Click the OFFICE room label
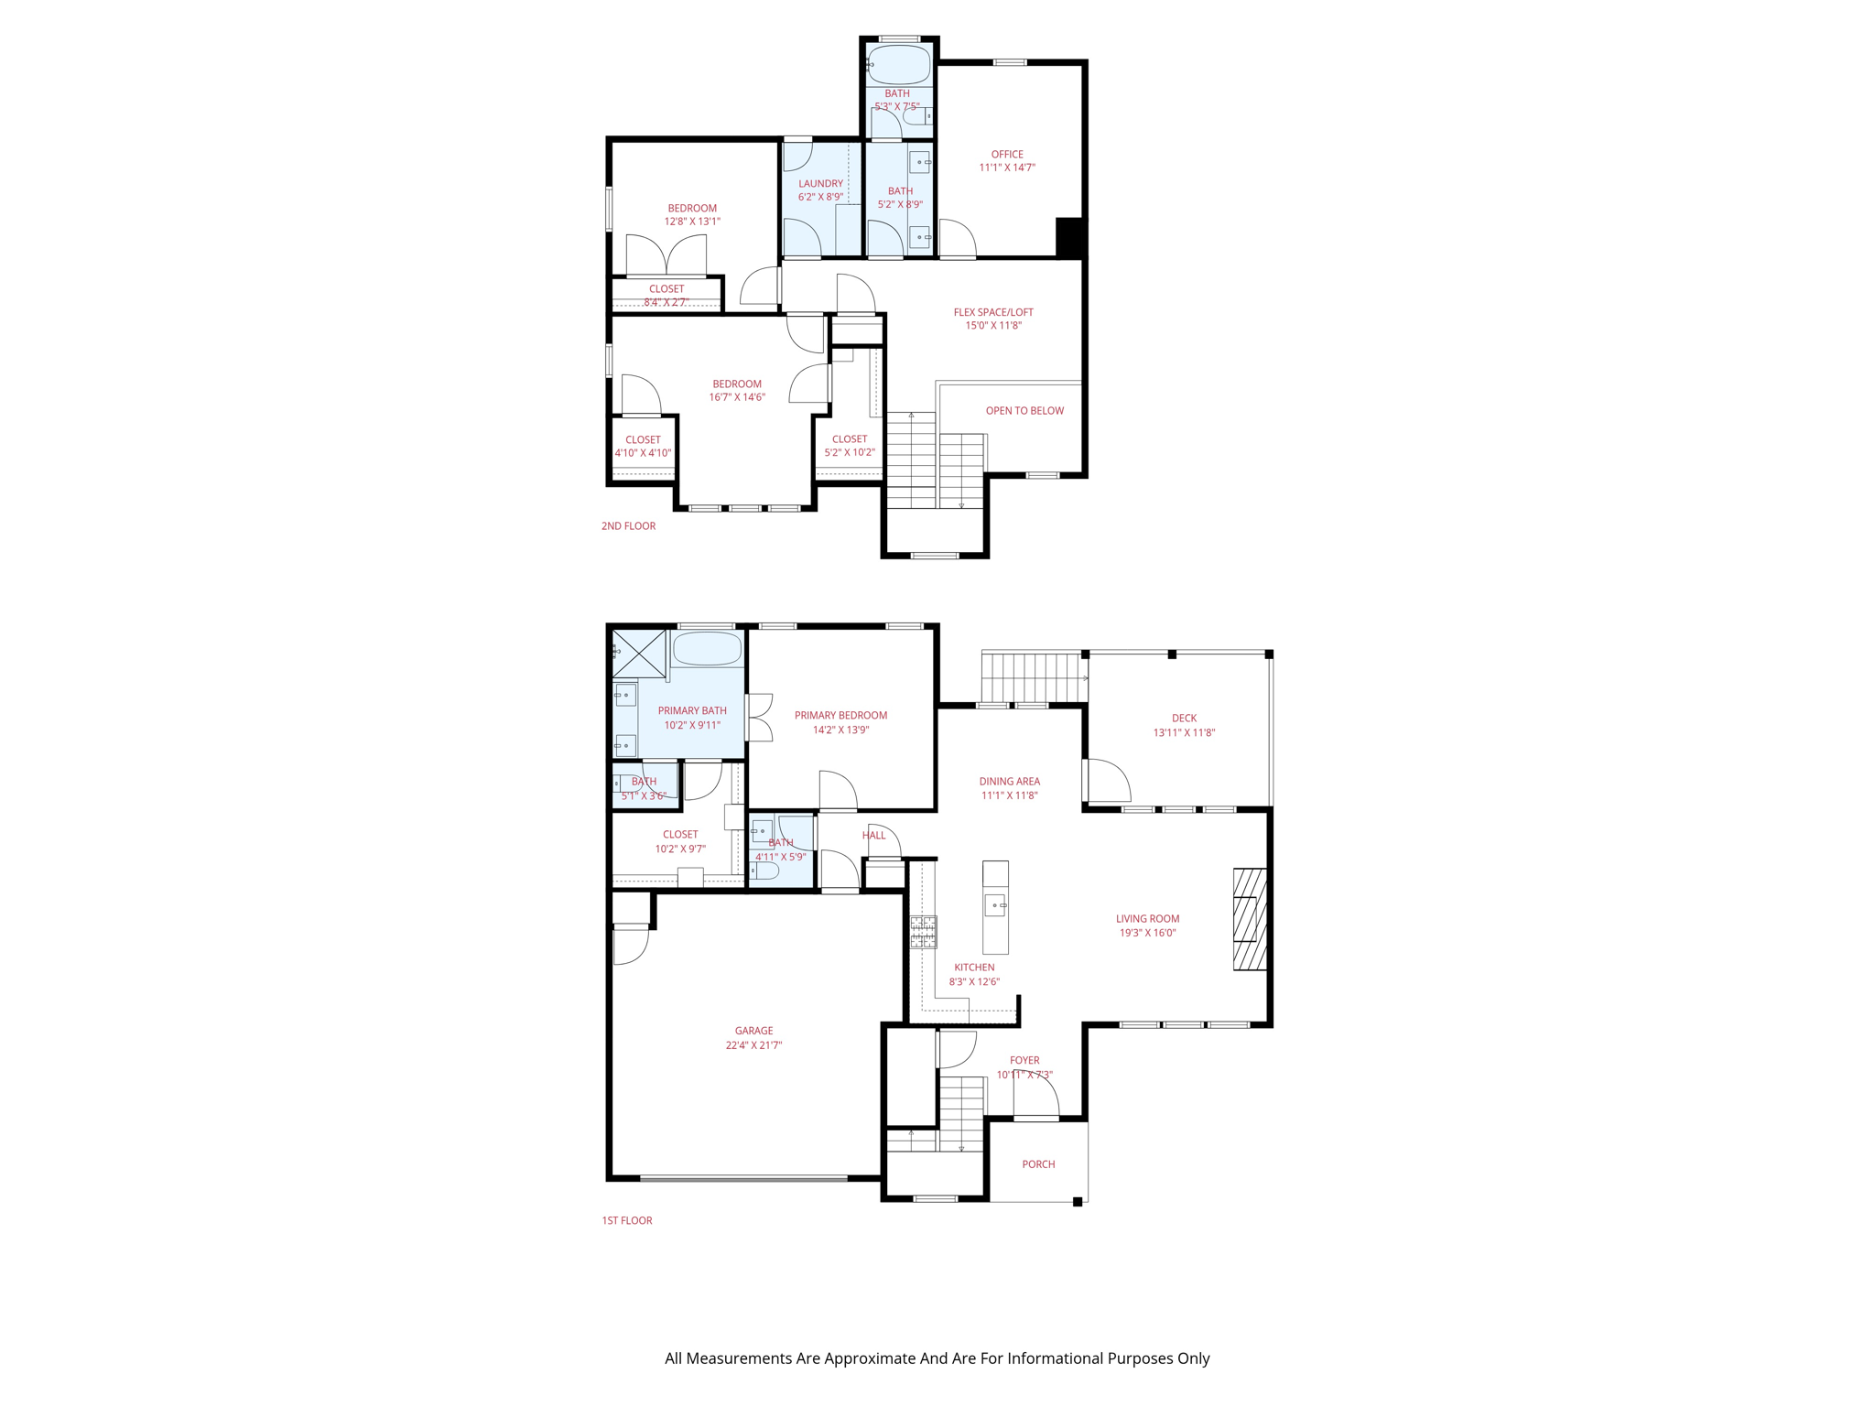click(1006, 154)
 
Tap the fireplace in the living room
click(1249, 918)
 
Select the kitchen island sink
click(995, 905)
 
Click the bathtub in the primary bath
click(707, 649)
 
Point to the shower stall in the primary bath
click(639, 654)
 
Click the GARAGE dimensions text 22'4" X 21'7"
click(753, 1044)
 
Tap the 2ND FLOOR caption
click(628, 526)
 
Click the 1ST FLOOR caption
click(627, 1220)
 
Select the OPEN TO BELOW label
click(1024, 410)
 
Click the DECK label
click(1184, 718)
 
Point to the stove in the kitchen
click(923, 931)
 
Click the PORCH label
click(1038, 1164)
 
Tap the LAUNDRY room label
click(820, 183)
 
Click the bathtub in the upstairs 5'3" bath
click(899, 65)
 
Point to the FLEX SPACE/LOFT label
click(993, 312)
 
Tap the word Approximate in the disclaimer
click(870, 1358)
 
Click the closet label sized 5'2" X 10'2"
click(850, 439)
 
